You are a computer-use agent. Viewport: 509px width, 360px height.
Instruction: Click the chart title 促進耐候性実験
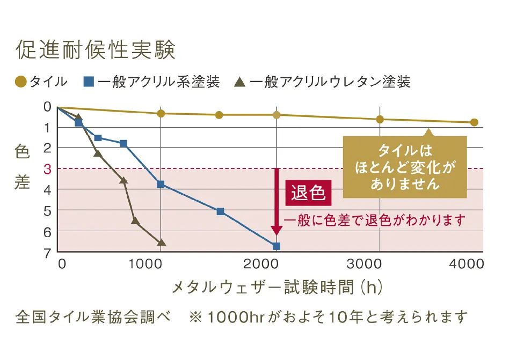96,50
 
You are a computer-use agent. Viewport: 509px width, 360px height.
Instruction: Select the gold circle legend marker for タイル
20,82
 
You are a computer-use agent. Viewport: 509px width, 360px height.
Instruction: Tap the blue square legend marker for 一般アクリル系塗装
89,82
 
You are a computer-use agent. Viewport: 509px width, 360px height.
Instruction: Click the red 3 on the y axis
47,169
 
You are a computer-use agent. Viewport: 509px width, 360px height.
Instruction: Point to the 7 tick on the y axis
47,252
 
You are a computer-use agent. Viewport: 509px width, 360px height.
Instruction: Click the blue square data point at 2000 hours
277,246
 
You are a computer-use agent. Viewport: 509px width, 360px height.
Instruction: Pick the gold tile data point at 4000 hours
474,122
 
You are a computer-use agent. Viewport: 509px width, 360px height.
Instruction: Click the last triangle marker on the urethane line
162,243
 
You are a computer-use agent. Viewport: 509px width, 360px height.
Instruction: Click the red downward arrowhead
277,230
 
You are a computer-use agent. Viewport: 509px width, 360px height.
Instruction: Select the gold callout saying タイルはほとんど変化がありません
405,166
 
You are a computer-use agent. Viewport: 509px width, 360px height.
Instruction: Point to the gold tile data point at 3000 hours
380,119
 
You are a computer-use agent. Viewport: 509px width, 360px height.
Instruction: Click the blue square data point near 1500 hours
220,211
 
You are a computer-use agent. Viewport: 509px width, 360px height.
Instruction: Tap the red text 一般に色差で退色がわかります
374,221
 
